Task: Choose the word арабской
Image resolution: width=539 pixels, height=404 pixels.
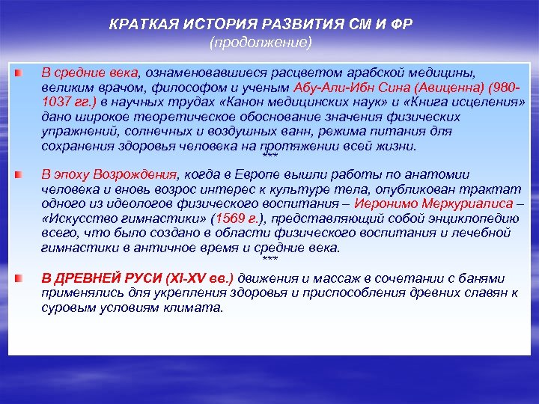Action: point(349,74)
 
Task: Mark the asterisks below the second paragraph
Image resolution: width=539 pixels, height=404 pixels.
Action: point(269,258)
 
